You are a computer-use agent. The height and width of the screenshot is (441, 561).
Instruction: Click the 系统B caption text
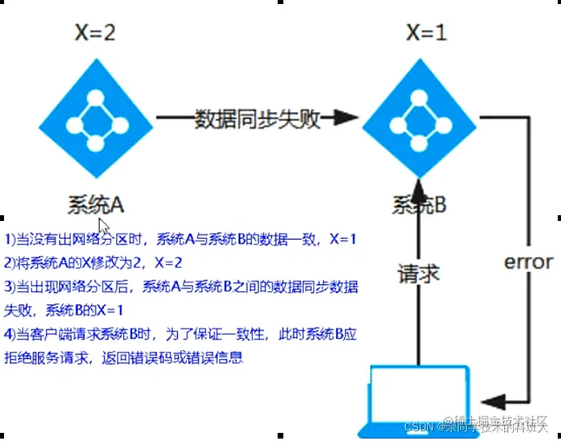pos(419,204)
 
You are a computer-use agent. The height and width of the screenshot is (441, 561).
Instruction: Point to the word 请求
pos(419,273)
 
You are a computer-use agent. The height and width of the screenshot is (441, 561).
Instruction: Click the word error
pos(529,262)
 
